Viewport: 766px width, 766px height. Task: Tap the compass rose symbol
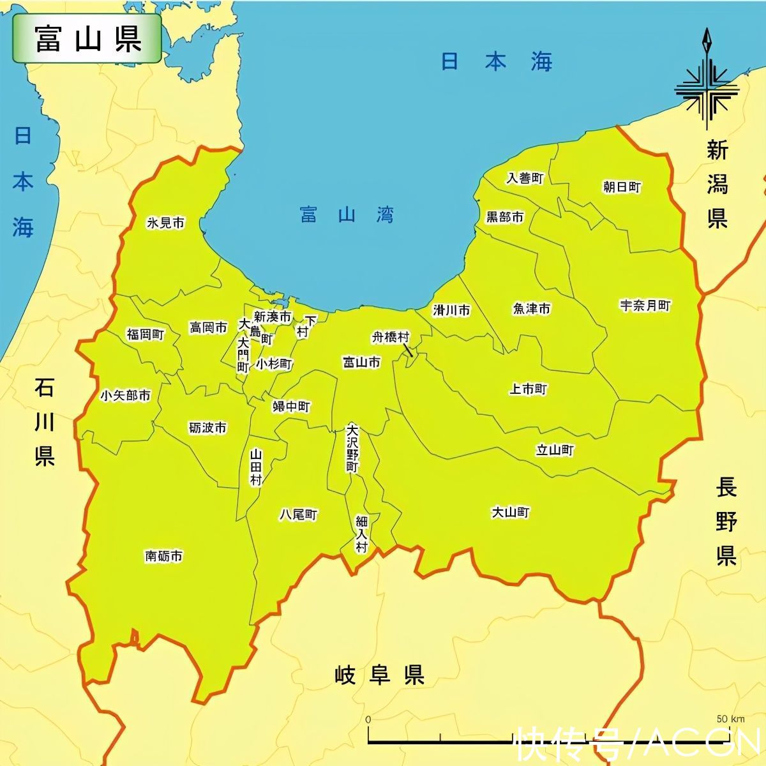pyautogui.click(x=707, y=86)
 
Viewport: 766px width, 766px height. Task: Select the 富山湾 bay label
pyautogui.click(x=347, y=214)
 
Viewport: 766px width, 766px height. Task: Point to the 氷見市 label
pyautogui.click(x=165, y=223)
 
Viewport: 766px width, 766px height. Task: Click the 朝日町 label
pyautogui.click(x=622, y=187)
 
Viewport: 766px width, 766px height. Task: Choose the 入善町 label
pyautogui.click(x=525, y=178)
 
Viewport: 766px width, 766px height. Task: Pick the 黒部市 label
pyautogui.click(x=505, y=217)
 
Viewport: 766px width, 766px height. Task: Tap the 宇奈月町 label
pyautogui.click(x=645, y=306)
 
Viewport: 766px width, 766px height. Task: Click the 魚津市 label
pyautogui.click(x=531, y=309)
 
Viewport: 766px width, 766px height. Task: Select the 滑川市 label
pyautogui.click(x=451, y=310)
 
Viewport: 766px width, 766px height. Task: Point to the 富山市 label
pyautogui.click(x=361, y=363)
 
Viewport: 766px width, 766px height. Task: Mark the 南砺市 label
pyautogui.click(x=164, y=556)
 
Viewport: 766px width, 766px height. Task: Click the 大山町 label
pyautogui.click(x=511, y=512)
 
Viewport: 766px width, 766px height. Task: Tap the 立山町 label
pyautogui.click(x=555, y=450)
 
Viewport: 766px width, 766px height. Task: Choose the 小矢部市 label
pyautogui.click(x=126, y=396)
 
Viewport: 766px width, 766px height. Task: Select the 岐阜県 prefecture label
pyautogui.click(x=380, y=675)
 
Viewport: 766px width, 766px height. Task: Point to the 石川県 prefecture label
pyautogui.click(x=45, y=422)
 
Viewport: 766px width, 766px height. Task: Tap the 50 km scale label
pyautogui.click(x=730, y=719)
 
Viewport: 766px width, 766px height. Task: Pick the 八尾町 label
pyautogui.click(x=298, y=514)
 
